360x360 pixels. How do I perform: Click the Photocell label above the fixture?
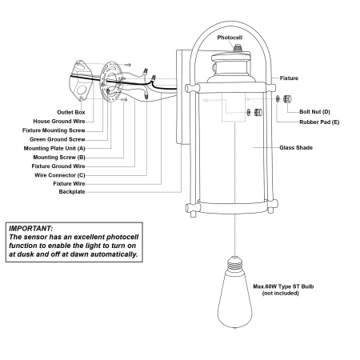(x=230, y=38)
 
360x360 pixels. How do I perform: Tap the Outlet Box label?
(x=71, y=112)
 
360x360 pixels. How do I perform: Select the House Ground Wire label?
(x=59, y=122)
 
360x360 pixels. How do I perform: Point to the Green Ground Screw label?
(x=58, y=139)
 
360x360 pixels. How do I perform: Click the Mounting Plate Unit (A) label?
(x=54, y=149)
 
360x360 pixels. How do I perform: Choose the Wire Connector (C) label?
(x=60, y=175)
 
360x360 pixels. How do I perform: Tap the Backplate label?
(x=72, y=192)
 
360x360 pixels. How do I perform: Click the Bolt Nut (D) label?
(x=314, y=112)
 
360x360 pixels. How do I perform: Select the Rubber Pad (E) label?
(x=319, y=122)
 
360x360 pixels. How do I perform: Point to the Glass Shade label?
(x=296, y=147)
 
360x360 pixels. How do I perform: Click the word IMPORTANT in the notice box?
(x=31, y=229)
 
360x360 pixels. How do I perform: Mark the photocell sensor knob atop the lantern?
(x=236, y=49)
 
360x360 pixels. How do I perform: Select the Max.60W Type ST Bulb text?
(x=283, y=286)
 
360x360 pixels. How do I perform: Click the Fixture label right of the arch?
(x=289, y=78)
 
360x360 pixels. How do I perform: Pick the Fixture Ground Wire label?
(x=58, y=166)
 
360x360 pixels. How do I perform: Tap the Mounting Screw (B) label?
(x=59, y=158)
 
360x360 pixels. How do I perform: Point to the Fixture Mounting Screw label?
(x=54, y=130)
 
